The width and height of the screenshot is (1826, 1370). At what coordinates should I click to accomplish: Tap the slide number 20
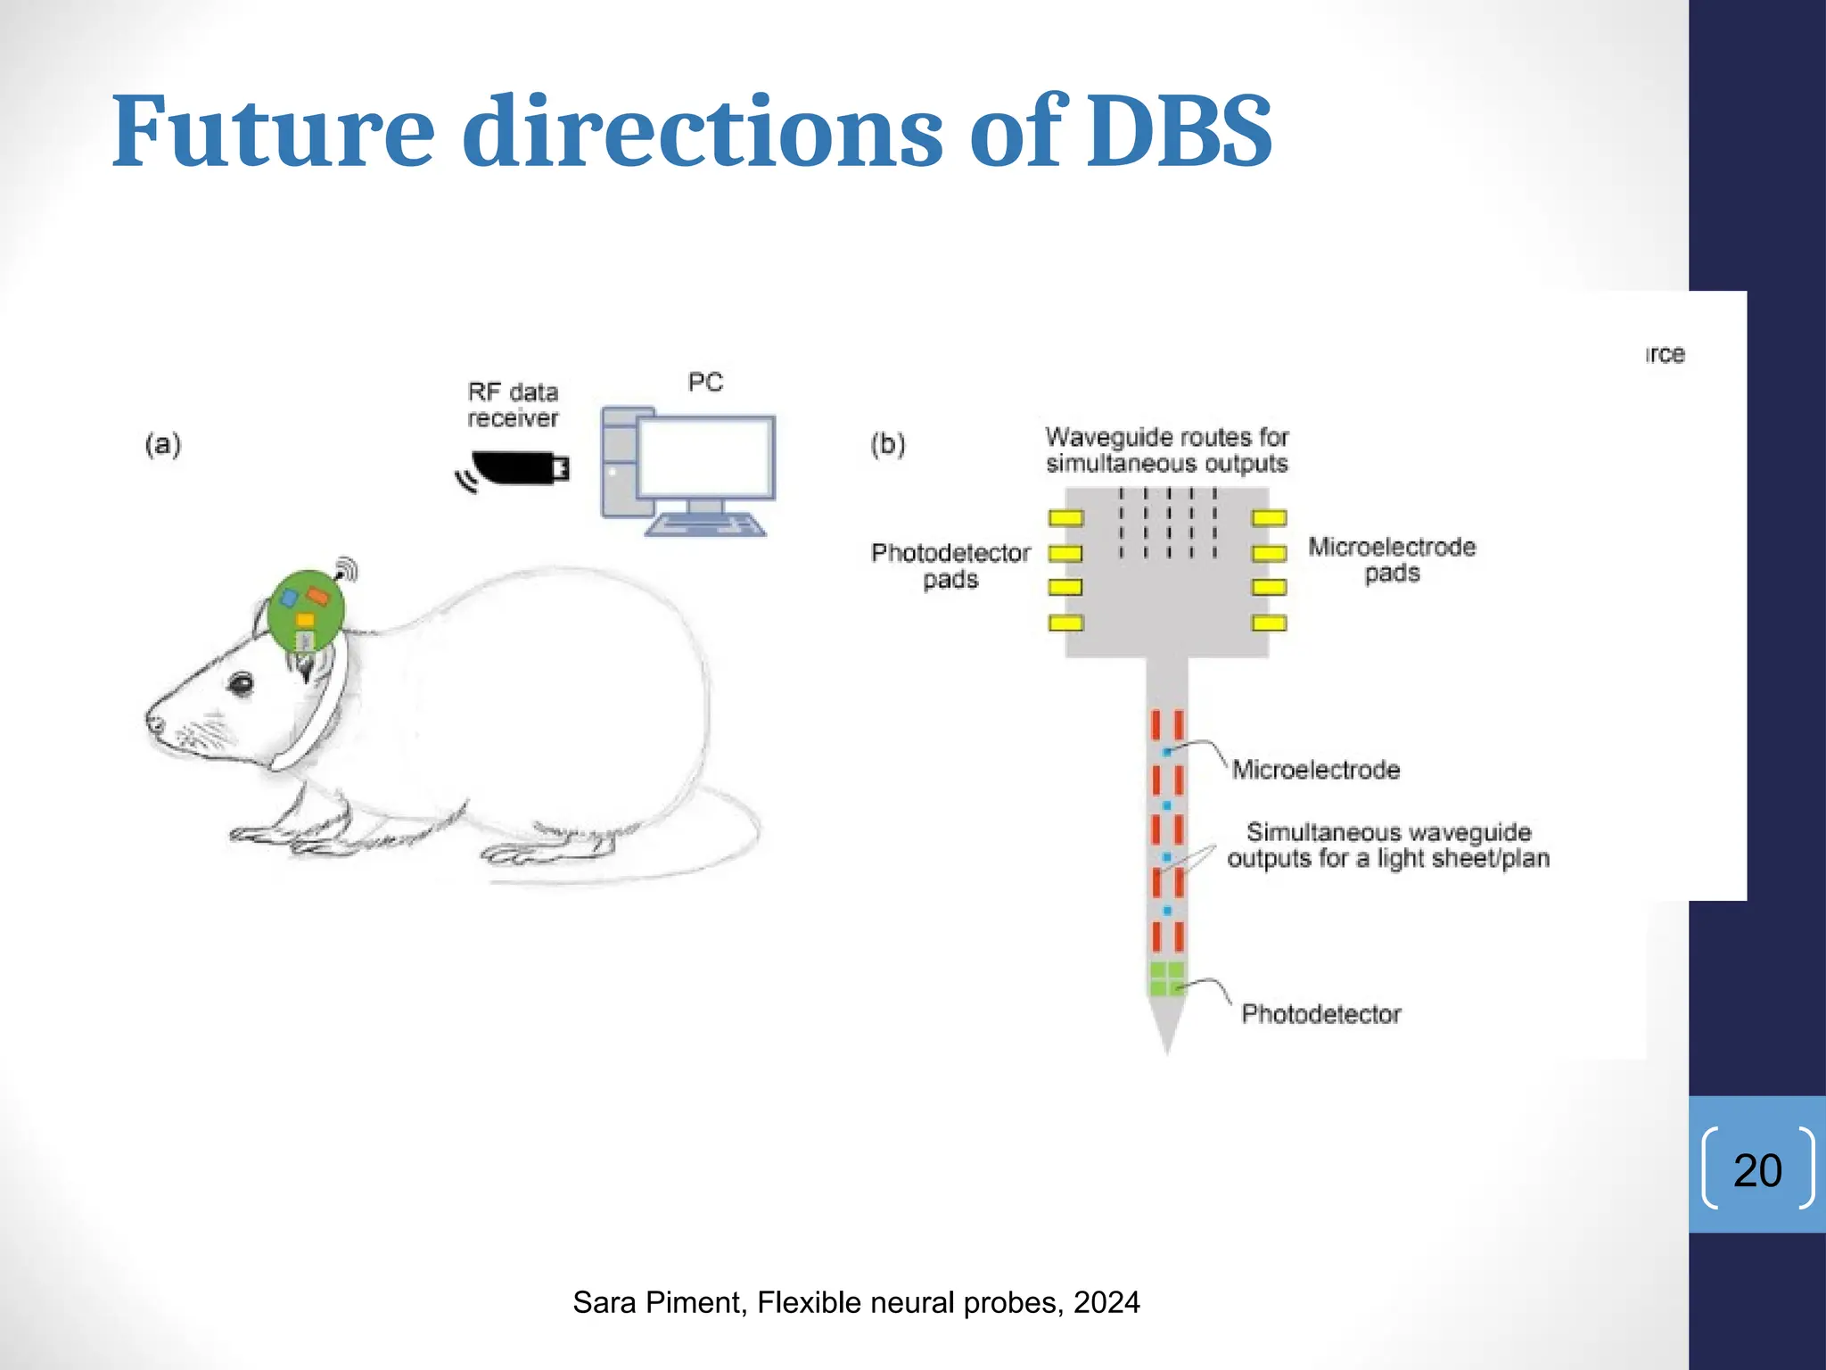click(x=1756, y=1169)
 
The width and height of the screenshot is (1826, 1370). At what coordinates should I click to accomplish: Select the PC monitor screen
click(x=705, y=458)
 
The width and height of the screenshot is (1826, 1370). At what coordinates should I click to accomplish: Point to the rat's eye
click(x=241, y=685)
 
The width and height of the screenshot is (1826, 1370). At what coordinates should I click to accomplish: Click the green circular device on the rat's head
click(x=306, y=611)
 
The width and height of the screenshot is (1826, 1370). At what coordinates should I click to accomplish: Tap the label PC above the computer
click(x=704, y=383)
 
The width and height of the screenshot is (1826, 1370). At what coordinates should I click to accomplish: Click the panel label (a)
click(x=162, y=443)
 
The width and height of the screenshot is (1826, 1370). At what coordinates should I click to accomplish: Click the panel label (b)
click(x=887, y=443)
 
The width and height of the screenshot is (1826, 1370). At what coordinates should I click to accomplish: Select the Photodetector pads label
click(x=950, y=565)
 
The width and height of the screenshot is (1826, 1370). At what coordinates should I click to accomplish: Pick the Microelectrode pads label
click(x=1391, y=559)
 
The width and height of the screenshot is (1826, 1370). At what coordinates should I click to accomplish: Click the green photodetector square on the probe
click(x=1166, y=978)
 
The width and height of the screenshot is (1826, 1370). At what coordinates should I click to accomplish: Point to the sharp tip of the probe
click(x=1166, y=1048)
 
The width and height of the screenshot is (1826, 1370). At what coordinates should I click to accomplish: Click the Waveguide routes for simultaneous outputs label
click(x=1166, y=450)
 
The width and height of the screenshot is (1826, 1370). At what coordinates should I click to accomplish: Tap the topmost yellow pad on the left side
click(x=1065, y=518)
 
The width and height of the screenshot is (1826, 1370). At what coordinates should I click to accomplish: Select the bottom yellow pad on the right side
click(x=1269, y=623)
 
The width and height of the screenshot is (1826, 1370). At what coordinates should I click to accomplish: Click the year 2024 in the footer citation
click(x=1106, y=1303)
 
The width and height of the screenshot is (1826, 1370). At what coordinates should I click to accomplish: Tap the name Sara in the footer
click(x=605, y=1303)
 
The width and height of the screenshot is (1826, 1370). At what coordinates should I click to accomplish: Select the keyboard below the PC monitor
click(x=704, y=525)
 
